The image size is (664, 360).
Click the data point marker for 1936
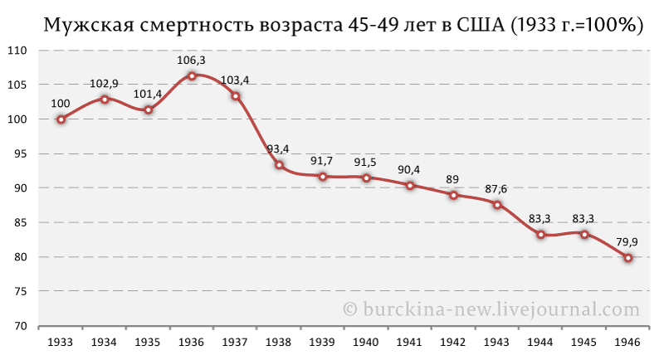192,75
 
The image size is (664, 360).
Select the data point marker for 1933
61,119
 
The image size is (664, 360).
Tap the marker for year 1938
279,164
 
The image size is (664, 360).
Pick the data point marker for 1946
628,258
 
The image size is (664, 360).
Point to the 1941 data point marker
410,185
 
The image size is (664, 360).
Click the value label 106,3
192,60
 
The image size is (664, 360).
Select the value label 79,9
628,242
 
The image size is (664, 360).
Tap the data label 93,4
279,148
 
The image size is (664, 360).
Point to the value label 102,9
105,83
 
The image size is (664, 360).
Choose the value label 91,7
323,160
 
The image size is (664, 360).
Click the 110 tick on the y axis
19,51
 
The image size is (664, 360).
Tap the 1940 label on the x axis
366,342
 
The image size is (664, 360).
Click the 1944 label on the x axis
541,342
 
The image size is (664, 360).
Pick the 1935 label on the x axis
148,342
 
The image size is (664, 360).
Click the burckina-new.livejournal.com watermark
491,309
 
